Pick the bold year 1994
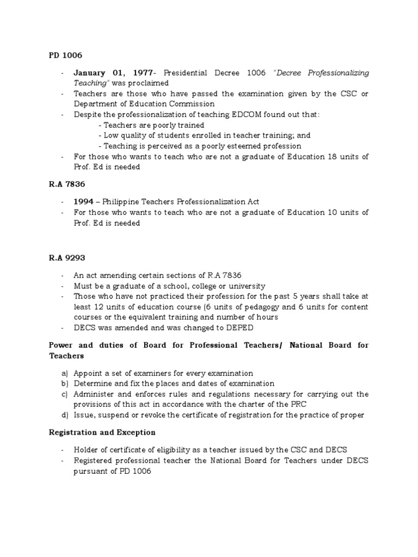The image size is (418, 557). point(84,202)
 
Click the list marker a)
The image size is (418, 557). point(65,373)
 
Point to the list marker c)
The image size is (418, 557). point(65,394)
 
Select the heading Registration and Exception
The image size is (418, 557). point(102,432)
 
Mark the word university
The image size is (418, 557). point(246,286)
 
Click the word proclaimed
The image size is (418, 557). point(151,83)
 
